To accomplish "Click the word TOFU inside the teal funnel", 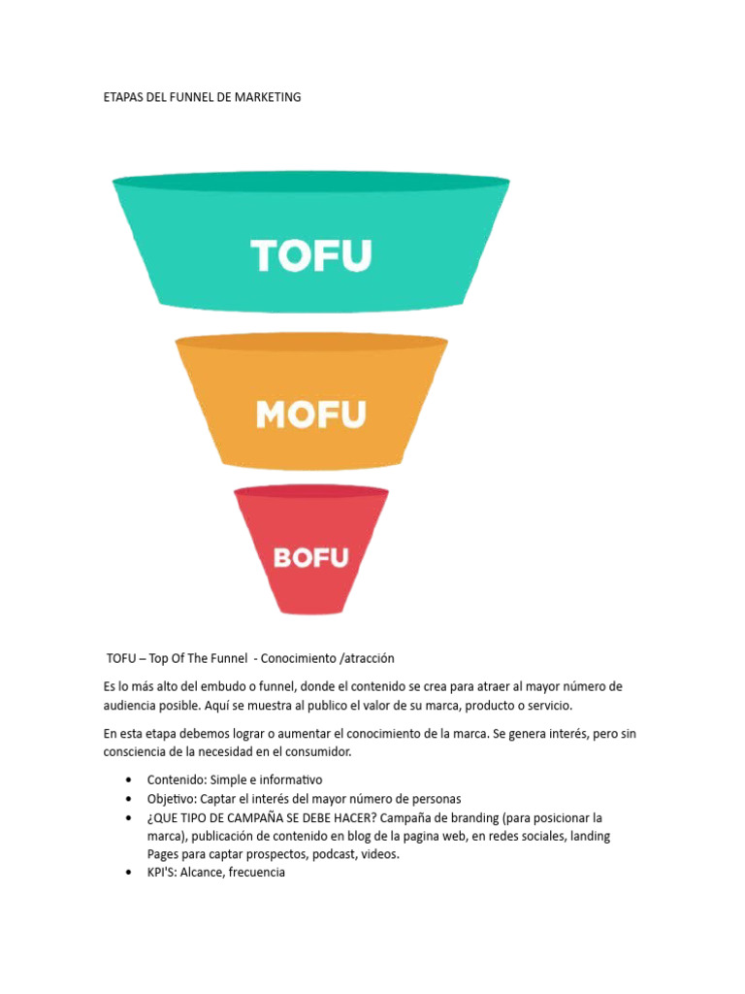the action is point(311,257).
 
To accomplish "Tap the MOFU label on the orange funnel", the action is point(311,414).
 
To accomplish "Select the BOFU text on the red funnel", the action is point(310,557).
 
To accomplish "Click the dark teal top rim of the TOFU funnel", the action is point(311,182).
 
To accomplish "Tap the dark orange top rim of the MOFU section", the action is point(311,343).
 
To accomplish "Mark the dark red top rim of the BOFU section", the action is point(311,493).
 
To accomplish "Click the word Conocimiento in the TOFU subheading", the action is point(298,658).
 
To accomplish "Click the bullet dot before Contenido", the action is point(129,780).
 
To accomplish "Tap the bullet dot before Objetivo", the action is point(129,799).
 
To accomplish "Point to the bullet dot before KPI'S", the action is point(129,873).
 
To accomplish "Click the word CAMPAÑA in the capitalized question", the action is point(260,817).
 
